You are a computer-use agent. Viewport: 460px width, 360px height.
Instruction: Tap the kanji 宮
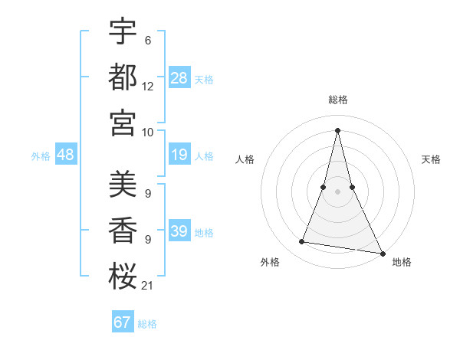tap(123, 122)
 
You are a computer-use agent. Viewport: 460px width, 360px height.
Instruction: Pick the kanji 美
tap(123, 185)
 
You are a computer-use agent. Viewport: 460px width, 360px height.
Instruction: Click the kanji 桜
tap(123, 276)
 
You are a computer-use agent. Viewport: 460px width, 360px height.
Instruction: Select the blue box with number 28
tap(179, 78)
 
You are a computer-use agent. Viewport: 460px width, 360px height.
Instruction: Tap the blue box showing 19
tap(179, 155)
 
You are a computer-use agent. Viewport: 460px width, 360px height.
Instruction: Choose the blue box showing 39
tap(179, 231)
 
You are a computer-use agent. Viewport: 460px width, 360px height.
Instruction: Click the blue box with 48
tap(66, 155)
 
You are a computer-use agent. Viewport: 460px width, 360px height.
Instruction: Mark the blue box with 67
tap(123, 322)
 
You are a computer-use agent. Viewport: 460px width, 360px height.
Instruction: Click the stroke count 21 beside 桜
tap(147, 286)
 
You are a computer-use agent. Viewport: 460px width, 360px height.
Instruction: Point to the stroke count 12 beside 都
tap(147, 87)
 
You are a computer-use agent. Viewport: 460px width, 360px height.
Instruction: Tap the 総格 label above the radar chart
tap(338, 100)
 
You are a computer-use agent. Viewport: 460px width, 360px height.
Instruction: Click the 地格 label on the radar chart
tap(402, 263)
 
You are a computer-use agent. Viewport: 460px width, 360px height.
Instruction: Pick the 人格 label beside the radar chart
tap(245, 159)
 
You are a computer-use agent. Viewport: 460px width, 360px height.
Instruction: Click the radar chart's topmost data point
tap(338, 129)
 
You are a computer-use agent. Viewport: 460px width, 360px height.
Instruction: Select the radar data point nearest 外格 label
tap(302, 242)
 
